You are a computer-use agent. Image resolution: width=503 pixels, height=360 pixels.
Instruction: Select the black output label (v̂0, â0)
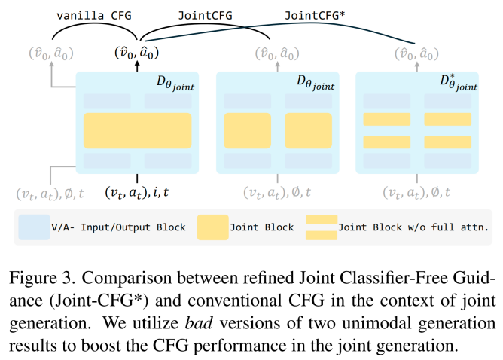pos(136,53)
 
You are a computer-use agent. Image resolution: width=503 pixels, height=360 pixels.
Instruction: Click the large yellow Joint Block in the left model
pos(136,130)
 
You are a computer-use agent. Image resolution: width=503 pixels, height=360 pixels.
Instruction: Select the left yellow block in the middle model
pos(247,130)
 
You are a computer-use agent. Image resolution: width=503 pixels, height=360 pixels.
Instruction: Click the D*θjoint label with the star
pos(457,82)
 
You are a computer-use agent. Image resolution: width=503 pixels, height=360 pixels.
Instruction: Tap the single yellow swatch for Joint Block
pos(215,225)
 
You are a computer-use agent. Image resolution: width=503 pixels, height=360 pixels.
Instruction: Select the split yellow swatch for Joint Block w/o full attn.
pos(321,225)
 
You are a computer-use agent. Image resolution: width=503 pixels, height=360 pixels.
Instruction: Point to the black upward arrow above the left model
pos(137,67)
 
